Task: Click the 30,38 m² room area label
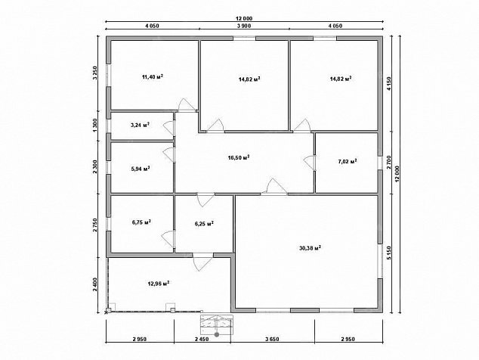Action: coord(310,248)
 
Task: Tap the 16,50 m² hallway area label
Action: coord(239,157)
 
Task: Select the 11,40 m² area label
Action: coord(152,76)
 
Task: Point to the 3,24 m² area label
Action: coord(140,125)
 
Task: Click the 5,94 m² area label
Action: coord(141,169)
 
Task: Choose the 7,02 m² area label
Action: coord(348,161)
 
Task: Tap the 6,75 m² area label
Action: coord(141,222)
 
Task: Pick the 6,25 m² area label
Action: coord(204,224)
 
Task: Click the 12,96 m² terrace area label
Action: coord(159,283)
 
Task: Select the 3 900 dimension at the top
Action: coord(244,26)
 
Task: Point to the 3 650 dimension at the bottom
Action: coord(272,339)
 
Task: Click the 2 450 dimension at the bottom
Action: coord(202,339)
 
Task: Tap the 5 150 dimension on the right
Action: coord(388,253)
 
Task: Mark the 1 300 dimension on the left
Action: coord(94,126)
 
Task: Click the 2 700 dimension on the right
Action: coord(388,163)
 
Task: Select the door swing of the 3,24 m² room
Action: coord(168,128)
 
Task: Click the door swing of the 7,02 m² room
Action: coord(309,163)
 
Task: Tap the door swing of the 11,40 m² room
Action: coord(187,105)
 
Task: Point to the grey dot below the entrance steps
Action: coord(217,334)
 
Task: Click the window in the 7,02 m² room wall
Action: coord(380,163)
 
